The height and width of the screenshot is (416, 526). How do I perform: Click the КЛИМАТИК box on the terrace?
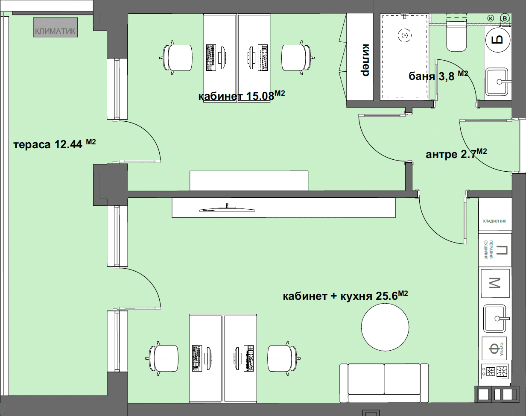pyautogui.click(x=56, y=27)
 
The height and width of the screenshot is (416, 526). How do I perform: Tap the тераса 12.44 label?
pyautogui.click(x=55, y=144)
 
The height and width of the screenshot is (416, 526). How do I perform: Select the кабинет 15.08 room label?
pyautogui.click(x=242, y=96)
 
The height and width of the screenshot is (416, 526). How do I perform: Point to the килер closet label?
pyautogui.click(x=365, y=60)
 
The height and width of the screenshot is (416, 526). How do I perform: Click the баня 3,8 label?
pyautogui.click(x=438, y=76)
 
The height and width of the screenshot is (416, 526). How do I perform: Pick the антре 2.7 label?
pyautogui.click(x=456, y=154)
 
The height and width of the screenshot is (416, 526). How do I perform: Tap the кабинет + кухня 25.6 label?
pyautogui.click(x=345, y=296)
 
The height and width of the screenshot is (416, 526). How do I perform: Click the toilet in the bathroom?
pyautogui.click(x=456, y=36)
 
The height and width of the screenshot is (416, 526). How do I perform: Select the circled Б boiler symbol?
pyautogui.click(x=498, y=40)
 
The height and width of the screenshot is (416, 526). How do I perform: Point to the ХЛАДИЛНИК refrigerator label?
pyautogui.click(x=494, y=221)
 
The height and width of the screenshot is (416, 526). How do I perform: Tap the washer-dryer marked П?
pyautogui.click(x=495, y=250)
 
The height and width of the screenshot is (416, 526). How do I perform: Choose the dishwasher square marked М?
pyautogui.click(x=495, y=283)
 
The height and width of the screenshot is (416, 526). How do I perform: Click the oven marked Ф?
pyautogui.click(x=494, y=349)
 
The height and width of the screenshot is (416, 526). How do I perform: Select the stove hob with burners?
pyautogui.click(x=495, y=372)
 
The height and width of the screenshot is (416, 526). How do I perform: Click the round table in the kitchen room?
pyautogui.click(x=385, y=327)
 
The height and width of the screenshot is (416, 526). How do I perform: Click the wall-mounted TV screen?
pyautogui.click(x=227, y=209)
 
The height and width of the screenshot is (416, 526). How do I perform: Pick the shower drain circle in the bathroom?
pyautogui.click(x=405, y=36)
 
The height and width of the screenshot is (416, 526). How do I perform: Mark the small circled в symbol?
pyautogui.click(x=505, y=18)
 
